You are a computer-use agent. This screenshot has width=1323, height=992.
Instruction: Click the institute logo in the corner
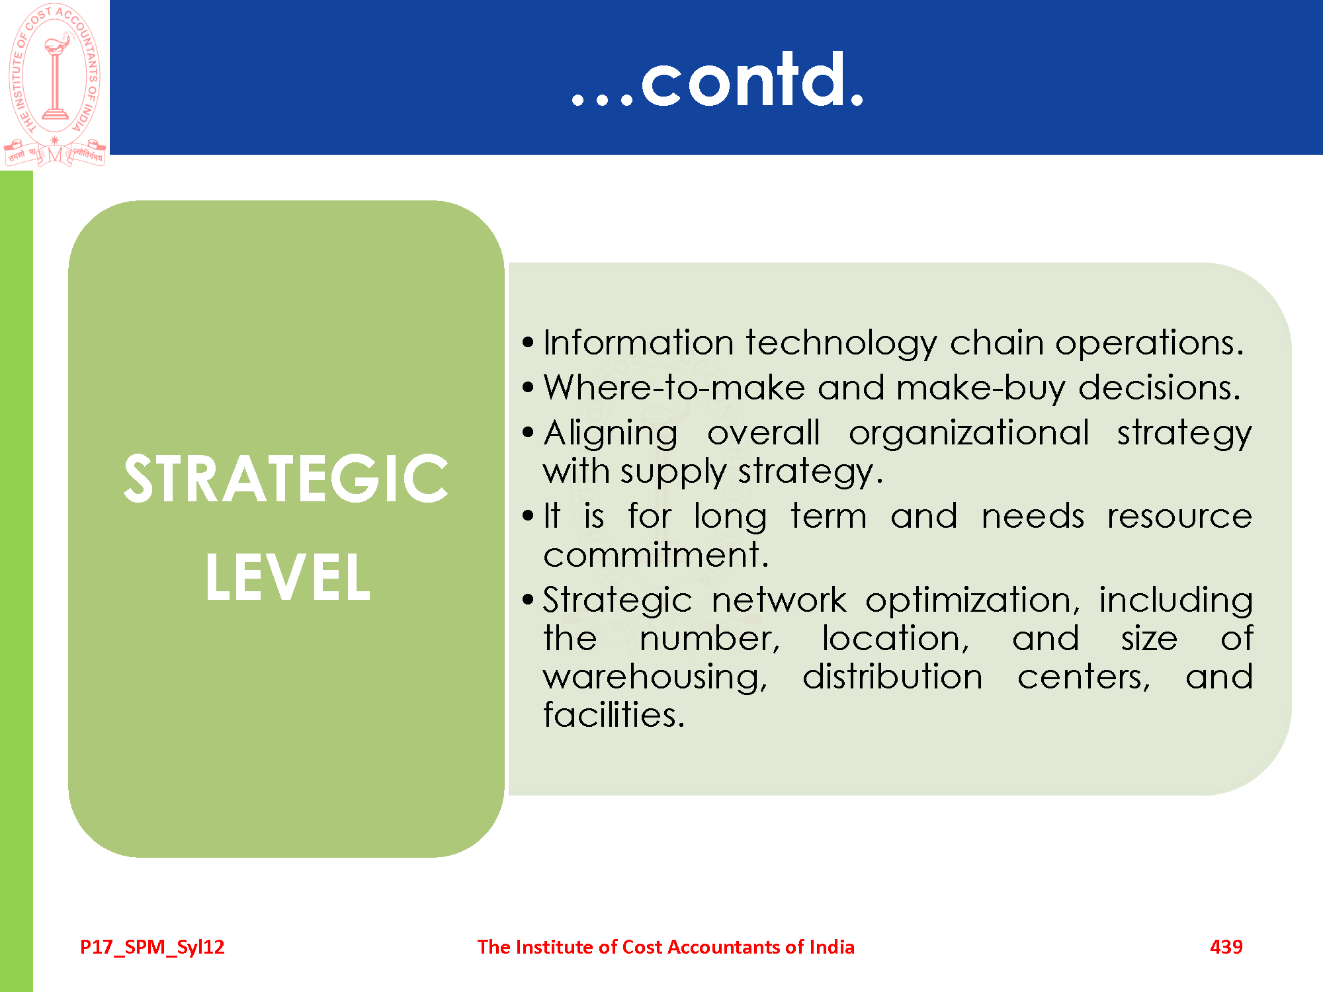(54, 85)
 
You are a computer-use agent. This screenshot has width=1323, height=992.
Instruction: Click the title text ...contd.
(718, 81)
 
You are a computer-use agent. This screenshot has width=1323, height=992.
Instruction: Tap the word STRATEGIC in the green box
(286, 479)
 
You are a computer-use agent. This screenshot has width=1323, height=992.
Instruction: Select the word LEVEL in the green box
(288, 577)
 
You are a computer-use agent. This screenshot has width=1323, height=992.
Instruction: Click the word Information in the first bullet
(638, 343)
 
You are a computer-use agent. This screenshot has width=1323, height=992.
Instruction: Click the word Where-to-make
(674, 388)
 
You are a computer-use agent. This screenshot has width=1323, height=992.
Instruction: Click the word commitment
(656, 554)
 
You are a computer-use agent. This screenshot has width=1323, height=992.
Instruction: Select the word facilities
(614, 714)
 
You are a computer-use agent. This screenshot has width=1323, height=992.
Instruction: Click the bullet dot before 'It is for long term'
(527, 516)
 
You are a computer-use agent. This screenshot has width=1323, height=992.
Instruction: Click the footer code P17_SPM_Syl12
(152, 947)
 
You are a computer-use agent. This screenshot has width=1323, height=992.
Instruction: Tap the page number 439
(1226, 946)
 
